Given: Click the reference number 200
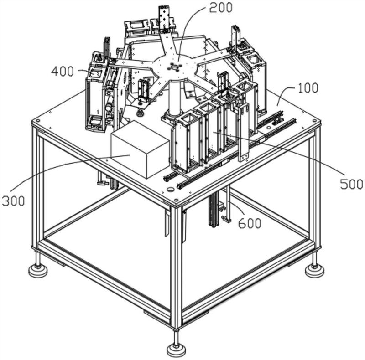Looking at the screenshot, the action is point(221,8).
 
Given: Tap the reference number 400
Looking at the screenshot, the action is point(63,71).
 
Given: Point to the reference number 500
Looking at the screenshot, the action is point(351,184).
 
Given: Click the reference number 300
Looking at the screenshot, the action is point(13,201).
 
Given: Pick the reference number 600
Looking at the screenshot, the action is point(250,223).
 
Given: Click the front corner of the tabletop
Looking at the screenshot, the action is point(176,200).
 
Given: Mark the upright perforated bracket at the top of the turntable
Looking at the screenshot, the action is point(164,17).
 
